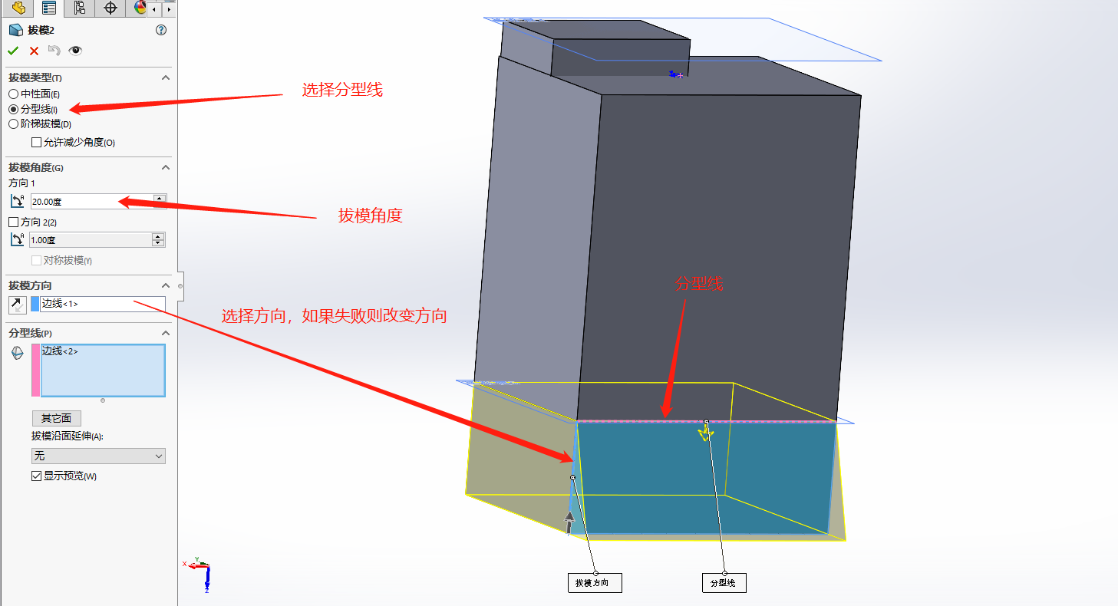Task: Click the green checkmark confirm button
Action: point(13,51)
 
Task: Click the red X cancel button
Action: point(34,51)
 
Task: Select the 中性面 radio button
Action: point(13,94)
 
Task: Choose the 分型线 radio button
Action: point(13,109)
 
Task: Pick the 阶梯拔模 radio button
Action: point(13,124)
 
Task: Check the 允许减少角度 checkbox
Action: point(36,142)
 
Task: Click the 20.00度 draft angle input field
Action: point(91,202)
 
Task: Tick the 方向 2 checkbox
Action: point(13,222)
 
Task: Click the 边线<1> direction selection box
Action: point(102,304)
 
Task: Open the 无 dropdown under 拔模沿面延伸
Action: point(97,456)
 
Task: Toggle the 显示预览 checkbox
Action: point(36,476)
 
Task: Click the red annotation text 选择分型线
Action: point(341,91)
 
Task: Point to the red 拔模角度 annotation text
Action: point(371,216)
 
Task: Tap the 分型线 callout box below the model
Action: point(723,583)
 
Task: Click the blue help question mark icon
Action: point(160,30)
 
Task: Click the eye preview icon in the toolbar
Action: point(74,51)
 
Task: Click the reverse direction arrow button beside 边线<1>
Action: point(17,305)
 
